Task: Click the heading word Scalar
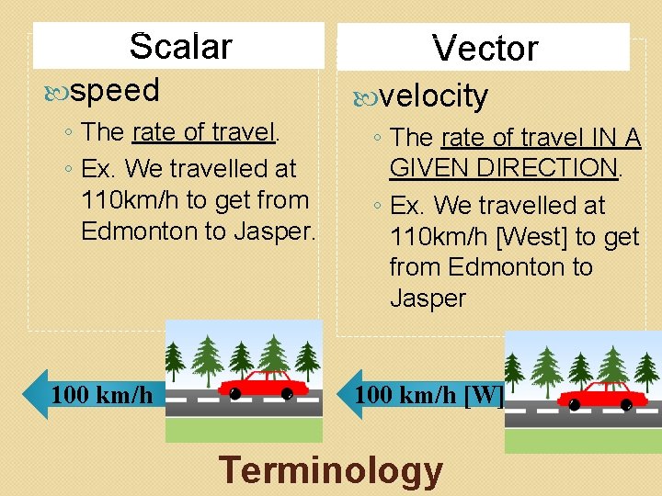180,46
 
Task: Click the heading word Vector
485,48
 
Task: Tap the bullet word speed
114,90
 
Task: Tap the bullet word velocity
434,96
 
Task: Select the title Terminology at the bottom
331,469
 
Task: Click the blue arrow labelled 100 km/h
91,395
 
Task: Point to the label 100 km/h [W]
428,395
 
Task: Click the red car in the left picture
264,384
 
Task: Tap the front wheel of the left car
235,394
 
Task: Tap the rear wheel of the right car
627,403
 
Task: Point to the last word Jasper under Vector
428,299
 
